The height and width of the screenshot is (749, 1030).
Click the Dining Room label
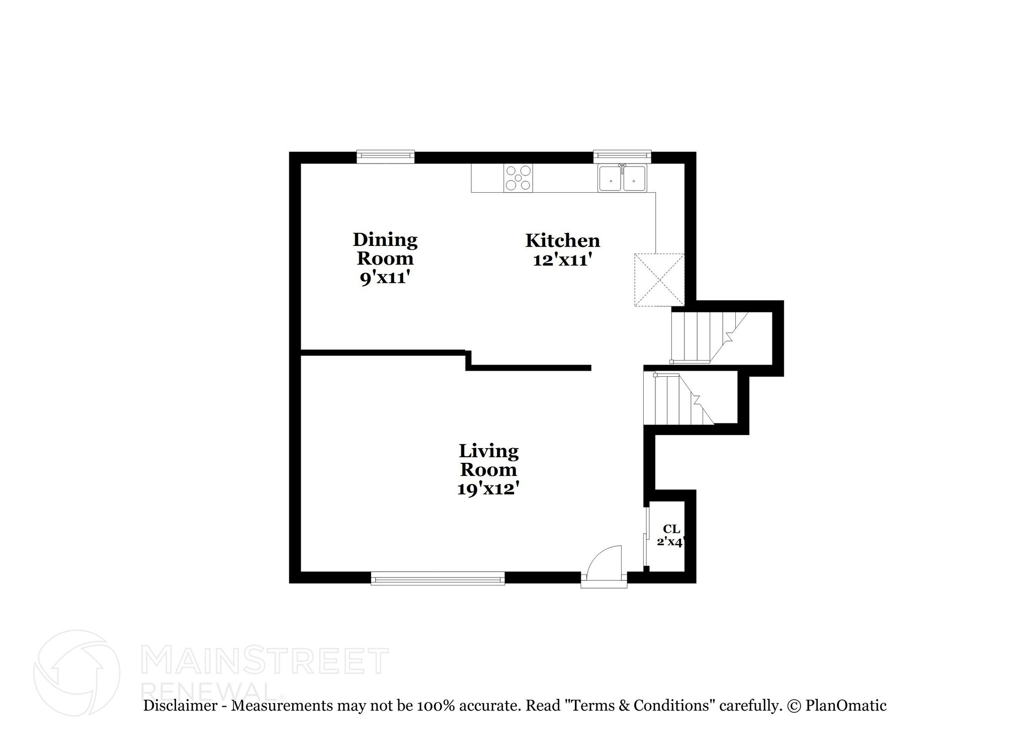(x=385, y=249)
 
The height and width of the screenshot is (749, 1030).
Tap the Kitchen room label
(x=562, y=240)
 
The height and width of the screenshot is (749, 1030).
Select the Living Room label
(x=488, y=460)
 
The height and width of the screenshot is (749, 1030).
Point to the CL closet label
(x=671, y=529)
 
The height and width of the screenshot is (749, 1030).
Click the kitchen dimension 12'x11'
(x=562, y=260)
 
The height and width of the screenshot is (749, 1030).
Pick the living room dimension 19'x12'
(x=488, y=488)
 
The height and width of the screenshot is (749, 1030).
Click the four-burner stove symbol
(x=519, y=178)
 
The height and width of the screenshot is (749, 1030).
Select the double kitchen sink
(x=622, y=178)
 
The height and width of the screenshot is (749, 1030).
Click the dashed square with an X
(x=659, y=280)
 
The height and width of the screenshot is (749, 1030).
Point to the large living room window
(x=438, y=578)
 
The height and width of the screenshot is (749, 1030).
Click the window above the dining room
(x=385, y=156)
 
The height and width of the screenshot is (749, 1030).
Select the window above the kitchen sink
(x=622, y=156)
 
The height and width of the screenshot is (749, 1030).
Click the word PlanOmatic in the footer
(x=846, y=705)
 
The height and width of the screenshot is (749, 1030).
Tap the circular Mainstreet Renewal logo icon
(x=77, y=673)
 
